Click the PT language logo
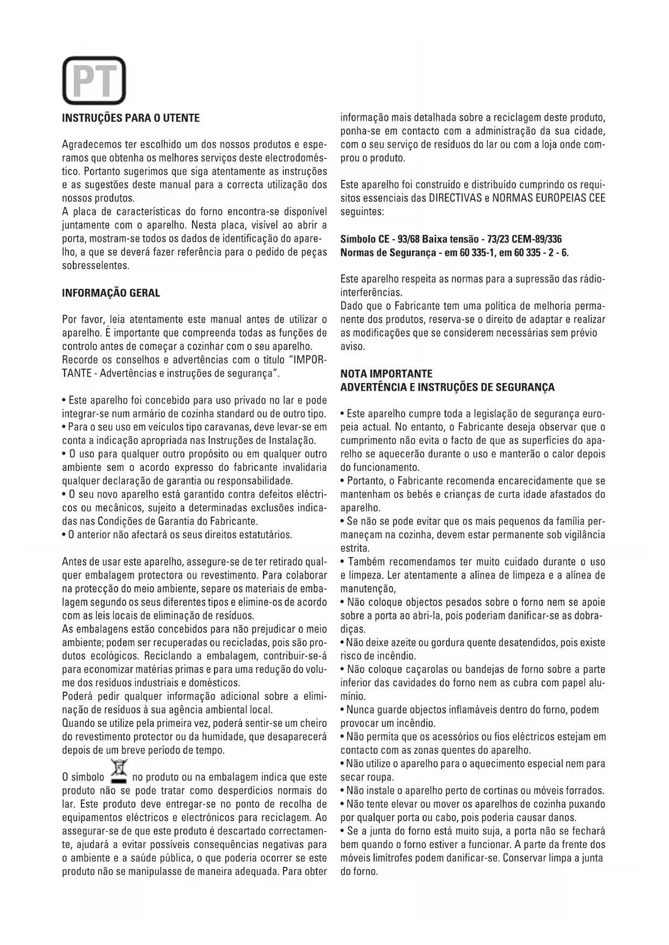coord(94,81)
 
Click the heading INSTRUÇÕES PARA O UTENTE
coord(131,118)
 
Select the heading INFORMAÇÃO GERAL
coord(111,293)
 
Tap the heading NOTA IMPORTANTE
coord(387,373)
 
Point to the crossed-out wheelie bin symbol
coord(118,771)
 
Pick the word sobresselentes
coord(96,266)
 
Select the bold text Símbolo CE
coord(364,239)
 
